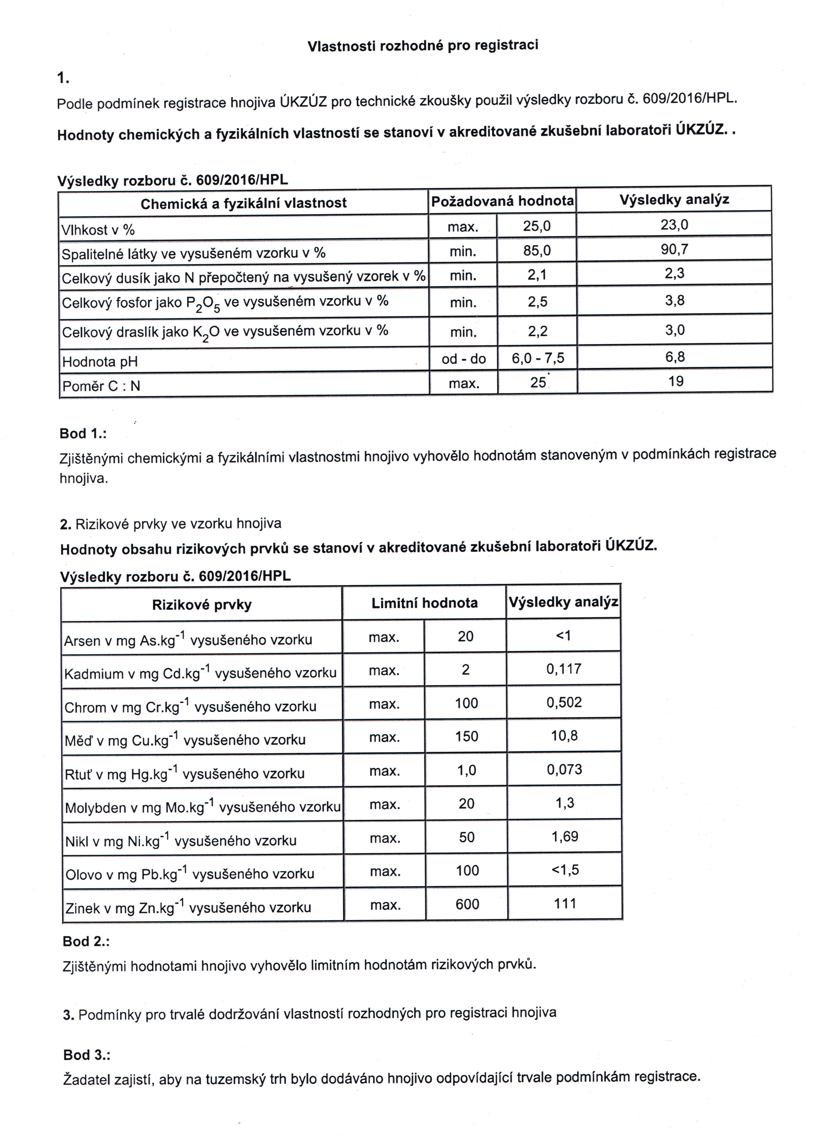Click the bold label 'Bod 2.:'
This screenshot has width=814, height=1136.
(86, 942)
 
